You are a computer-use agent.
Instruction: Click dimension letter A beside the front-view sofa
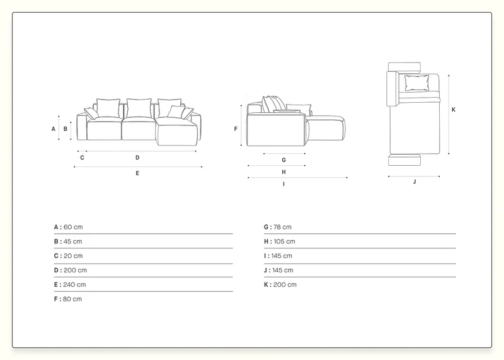[x=54, y=129]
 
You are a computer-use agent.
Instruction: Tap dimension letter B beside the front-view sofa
[x=66, y=129]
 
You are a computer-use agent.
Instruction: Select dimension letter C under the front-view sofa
[x=82, y=158]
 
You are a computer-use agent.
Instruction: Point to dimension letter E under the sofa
[x=137, y=173]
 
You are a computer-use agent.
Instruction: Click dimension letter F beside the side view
[x=236, y=129]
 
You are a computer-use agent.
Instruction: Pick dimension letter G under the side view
[x=283, y=160]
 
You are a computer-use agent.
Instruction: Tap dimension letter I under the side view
[x=283, y=184]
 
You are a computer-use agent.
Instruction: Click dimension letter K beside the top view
[x=454, y=110]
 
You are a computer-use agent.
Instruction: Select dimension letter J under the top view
[x=415, y=182]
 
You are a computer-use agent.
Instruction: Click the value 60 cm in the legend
[x=73, y=227]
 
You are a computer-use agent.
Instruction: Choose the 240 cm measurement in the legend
[x=74, y=285]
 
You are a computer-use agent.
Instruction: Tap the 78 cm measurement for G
[x=282, y=227]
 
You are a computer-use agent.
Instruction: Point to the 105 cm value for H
[x=285, y=241]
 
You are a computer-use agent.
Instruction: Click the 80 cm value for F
[x=72, y=299]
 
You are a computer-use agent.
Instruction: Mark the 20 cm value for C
[x=73, y=256]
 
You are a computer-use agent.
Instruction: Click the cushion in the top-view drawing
[x=416, y=83]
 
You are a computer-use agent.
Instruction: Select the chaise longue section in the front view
[x=177, y=131]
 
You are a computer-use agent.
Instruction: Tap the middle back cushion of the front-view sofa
[x=139, y=108]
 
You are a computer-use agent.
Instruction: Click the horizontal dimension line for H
[x=277, y=166]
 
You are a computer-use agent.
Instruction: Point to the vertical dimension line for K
[x=449, y=115]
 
